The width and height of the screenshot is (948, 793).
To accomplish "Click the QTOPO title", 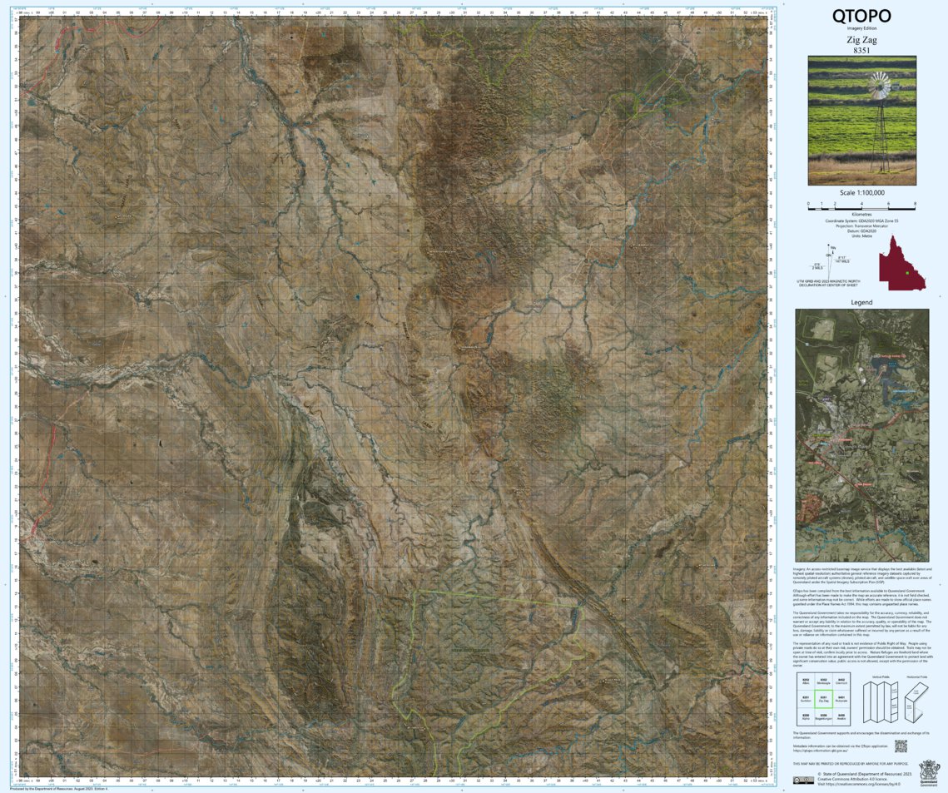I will [x=861, y=16].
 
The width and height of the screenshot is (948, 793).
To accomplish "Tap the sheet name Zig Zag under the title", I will [x=861, y=39].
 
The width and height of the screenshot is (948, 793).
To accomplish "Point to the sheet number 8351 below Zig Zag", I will [x=861, y=50].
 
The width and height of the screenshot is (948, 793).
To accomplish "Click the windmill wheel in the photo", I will [x=878, y=83].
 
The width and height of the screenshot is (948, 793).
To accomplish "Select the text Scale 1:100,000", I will [x=861, y=192].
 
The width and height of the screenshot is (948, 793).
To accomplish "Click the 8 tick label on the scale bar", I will [x=915, y=203].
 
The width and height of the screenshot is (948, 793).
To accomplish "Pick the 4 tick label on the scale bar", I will [x=861, y=203].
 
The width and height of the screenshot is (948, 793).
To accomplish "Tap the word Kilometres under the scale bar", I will [x=861, y=214].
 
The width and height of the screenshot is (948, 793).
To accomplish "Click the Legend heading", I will [x=861, y=302].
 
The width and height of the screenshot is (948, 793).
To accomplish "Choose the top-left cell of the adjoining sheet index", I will [x=805, y=681].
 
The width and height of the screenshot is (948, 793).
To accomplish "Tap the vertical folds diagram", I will [x=876, y=699].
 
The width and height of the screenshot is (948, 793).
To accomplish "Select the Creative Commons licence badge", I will [x=803, y=780].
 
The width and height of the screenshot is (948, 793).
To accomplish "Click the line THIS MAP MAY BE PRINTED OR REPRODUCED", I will [x=841, y=762].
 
